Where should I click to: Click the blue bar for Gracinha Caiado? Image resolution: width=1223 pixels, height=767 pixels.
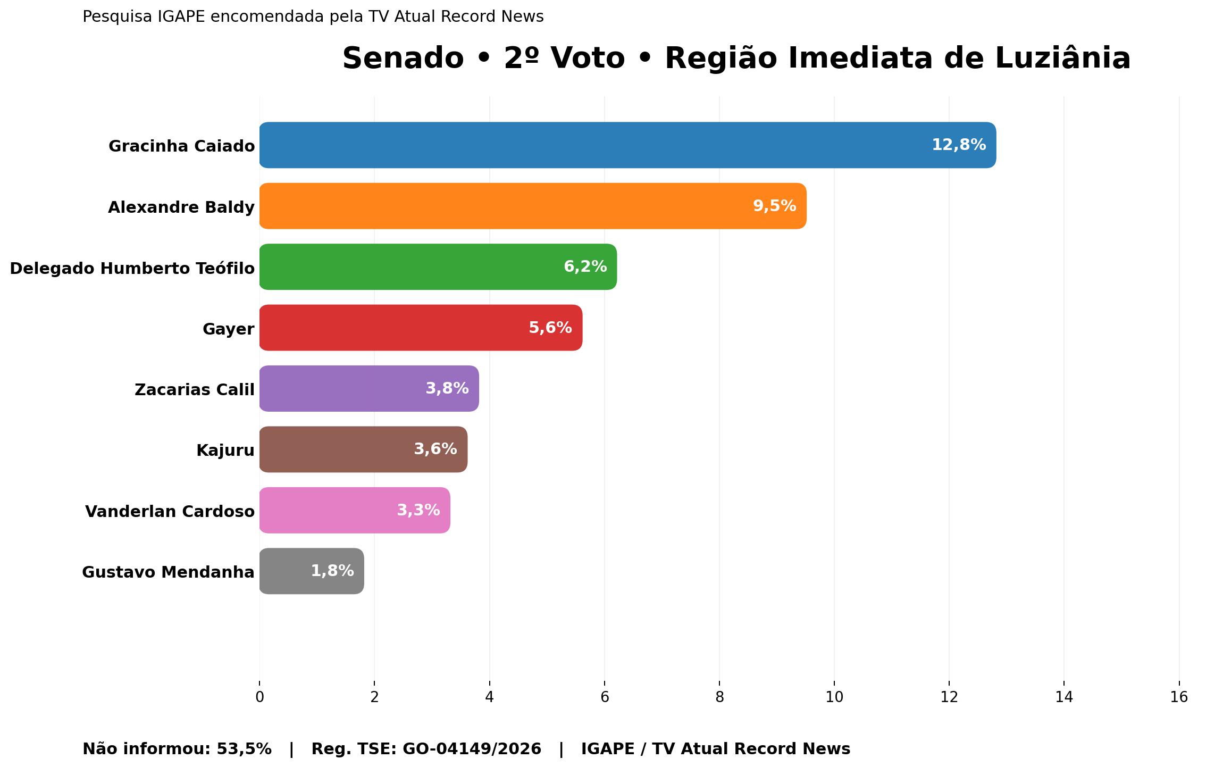(585, 145)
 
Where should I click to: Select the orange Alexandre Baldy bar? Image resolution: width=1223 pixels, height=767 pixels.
(505, 206)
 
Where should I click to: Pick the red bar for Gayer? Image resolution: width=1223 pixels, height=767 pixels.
(393, 328)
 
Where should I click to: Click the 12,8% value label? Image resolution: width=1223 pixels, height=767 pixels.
(959, 145)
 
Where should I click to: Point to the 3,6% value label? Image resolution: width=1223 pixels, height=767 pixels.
(435, 449)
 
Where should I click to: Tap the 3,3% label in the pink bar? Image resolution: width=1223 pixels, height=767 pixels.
(418, 511)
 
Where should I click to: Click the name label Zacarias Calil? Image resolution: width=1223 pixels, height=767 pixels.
(195, 390)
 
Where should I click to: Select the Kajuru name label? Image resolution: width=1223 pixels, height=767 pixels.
(225, 451)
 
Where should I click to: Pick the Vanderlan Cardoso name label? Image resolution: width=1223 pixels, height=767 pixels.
(170, 512)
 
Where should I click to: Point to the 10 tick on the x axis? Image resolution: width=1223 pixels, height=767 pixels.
(834, 697)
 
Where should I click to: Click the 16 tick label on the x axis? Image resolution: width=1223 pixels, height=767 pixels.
(1179, 697)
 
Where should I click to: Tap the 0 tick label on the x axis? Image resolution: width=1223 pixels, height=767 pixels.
(259, 697)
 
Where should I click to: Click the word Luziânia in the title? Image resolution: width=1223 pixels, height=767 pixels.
(1062, 58)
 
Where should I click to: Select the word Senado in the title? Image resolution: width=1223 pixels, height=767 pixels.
(403, 58)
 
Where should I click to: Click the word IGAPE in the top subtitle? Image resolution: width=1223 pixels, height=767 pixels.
(181, 17)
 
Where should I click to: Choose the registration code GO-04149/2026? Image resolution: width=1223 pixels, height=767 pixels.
(472, 749)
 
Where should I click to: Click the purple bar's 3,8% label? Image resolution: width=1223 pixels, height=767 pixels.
(447, 389)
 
